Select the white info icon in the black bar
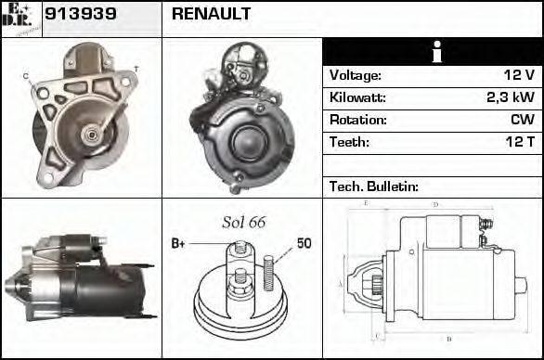pos(433,52)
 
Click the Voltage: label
pos(355,75)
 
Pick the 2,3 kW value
pos(510,97)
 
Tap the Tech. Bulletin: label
pos(374,186)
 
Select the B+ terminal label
pos(179,244)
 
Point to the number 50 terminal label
pos(304,244)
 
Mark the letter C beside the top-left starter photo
pos(26,75)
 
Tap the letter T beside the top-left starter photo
pos(136,70)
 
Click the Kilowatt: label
pos(357,97)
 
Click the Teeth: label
pos(349,142)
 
